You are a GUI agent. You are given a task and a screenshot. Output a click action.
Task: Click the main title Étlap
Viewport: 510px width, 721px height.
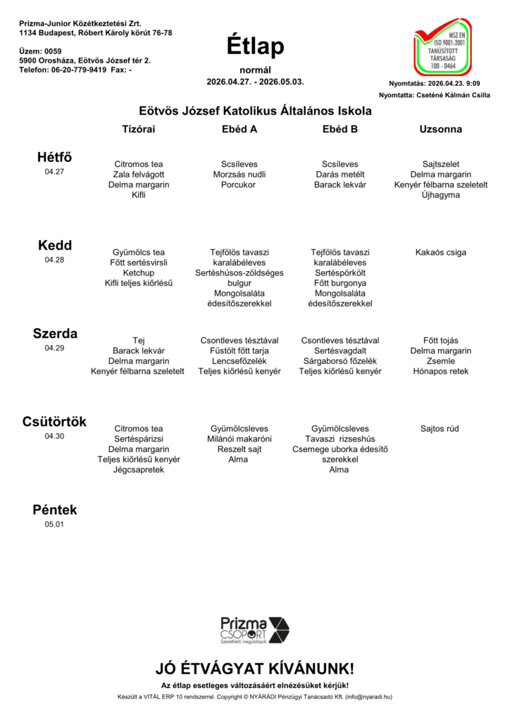pos(255,46)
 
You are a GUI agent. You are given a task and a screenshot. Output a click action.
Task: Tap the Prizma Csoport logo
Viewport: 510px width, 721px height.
pos(254,629)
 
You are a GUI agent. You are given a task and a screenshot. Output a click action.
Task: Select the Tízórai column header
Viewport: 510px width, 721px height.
pos(139,130)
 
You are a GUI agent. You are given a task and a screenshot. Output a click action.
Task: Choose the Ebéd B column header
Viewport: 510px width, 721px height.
pos(340,130)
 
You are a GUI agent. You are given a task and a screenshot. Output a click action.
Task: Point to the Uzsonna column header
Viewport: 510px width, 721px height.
pos(440,130)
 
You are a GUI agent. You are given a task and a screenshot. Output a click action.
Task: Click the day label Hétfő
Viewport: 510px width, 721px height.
pos(54,157)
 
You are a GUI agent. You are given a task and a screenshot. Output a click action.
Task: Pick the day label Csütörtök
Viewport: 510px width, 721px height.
pos(54,421)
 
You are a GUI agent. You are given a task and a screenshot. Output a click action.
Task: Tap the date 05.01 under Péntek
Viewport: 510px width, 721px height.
pos(54,524)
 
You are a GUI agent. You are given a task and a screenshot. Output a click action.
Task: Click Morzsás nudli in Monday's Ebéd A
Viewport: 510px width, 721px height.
pos(239,175)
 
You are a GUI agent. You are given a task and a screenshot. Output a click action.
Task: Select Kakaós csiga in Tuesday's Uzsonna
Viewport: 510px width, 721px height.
pos(440,252)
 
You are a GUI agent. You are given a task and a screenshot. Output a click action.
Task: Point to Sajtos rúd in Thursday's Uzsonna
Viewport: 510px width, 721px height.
pos(440,428)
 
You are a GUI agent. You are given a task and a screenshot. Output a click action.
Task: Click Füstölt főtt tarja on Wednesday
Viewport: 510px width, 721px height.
pos(239,351)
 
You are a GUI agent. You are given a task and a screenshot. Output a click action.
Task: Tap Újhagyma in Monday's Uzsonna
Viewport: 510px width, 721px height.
pos(440,195)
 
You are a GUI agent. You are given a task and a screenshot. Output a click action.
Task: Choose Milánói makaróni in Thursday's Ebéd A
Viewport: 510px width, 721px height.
pos(239,439)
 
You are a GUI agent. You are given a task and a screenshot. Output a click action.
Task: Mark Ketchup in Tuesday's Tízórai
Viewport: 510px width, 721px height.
pos(139,272)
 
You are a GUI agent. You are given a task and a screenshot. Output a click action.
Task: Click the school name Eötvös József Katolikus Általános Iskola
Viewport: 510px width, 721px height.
pos(255,111)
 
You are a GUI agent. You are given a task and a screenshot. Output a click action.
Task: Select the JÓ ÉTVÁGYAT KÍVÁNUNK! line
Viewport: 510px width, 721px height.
pos(255,668)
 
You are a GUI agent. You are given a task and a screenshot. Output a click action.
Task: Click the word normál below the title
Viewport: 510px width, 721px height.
pos(255,70)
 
